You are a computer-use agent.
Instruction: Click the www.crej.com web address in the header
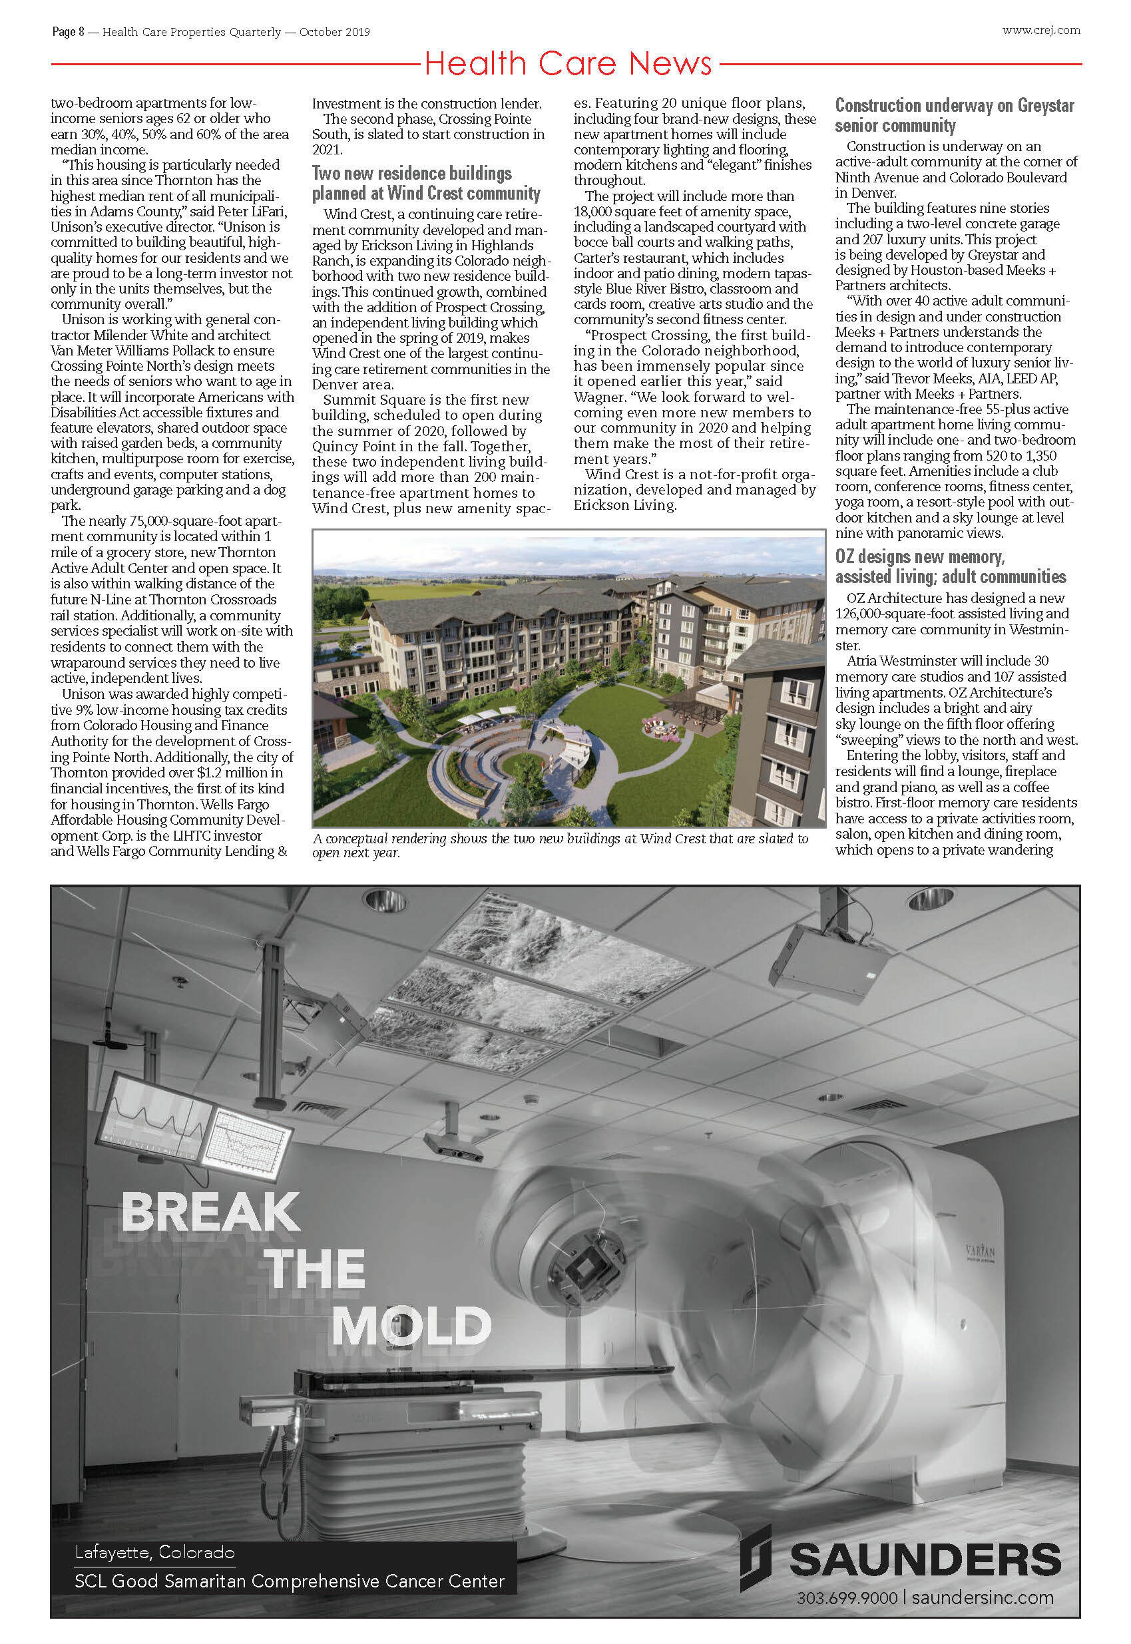coord(1040,31)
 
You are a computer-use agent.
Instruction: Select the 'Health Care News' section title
coord(568,64)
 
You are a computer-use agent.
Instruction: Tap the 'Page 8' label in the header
coord(68,32)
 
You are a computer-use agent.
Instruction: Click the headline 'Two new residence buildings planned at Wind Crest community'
coord(425,184)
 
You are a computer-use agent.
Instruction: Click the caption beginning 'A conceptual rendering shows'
coord(560,845)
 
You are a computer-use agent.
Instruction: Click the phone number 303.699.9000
coord(846,1598)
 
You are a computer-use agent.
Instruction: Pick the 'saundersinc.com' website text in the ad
coord(982,1598)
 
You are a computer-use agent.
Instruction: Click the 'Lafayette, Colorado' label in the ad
coord(154,1553)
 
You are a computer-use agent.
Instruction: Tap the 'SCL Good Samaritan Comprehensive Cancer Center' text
coord(289,1581)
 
